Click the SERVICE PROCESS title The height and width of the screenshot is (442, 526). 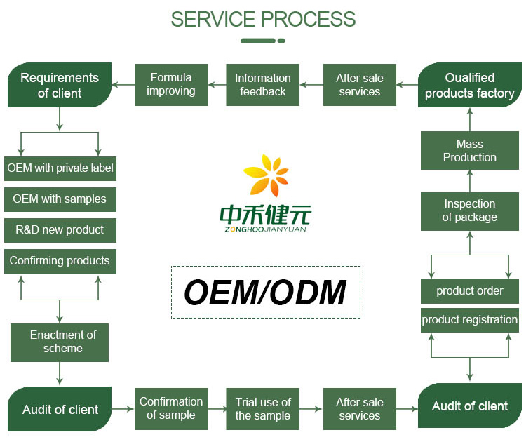[x=263, y=19]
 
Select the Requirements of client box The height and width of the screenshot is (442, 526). [x=60, y=85]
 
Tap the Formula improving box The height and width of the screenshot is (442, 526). [x=170, y=85]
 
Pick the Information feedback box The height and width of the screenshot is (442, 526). [x=262, y=85]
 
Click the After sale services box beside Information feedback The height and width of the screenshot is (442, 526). [x=359, y=85]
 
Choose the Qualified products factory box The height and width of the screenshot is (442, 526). [x=469, y=85]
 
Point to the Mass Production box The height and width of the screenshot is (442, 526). [x=469, y=150]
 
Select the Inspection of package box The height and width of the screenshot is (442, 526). [x=469, y=210]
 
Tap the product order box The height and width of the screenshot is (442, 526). [x=469, y=291]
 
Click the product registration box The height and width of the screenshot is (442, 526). [x=469, y=320]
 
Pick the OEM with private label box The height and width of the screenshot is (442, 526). [x=60, y=168]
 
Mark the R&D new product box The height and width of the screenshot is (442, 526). [x=60, y=230]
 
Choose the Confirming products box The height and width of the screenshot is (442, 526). [x=60, y=261]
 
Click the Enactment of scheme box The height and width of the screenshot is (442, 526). [x=60, y=342]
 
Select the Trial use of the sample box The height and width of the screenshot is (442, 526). [x=262, y=408]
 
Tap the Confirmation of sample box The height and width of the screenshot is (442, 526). [x=170, y=408]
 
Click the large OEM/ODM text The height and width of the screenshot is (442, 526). [x=265, y=293]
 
